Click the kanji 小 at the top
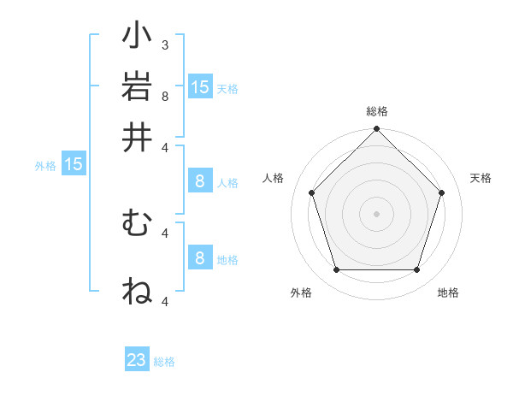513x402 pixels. click(x=137, y=37)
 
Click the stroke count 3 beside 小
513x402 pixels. click(x=165, y=44)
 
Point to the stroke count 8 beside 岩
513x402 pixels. click(x=165, y=95)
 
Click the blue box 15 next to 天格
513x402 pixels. click(x=200, y=86)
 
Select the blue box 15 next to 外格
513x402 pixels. click(x=74, y=164)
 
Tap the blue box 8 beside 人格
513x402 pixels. click(x=200, y=181)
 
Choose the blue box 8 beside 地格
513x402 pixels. click(x=200, y=258)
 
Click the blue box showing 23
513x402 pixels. click(x=137, y=360)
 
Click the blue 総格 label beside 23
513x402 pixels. click(x=164, y=362)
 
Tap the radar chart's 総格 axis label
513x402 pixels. click(x=377, y=112)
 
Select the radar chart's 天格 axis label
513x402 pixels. click(x=481, y=178)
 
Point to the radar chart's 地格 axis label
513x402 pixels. click(x=448, y=293)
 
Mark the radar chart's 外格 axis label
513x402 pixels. click(x=301, y=293)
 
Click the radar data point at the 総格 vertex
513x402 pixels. click(x=376, y=130)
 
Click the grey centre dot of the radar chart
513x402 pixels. click(x=376, y=213)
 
